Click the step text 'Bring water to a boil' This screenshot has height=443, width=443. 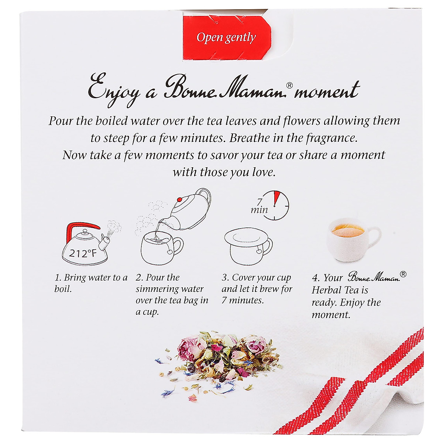click(x=90, y=283)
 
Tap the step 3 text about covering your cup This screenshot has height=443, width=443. click(x=257, y=289)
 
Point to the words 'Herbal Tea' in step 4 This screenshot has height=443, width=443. click(x=340, y=290)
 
